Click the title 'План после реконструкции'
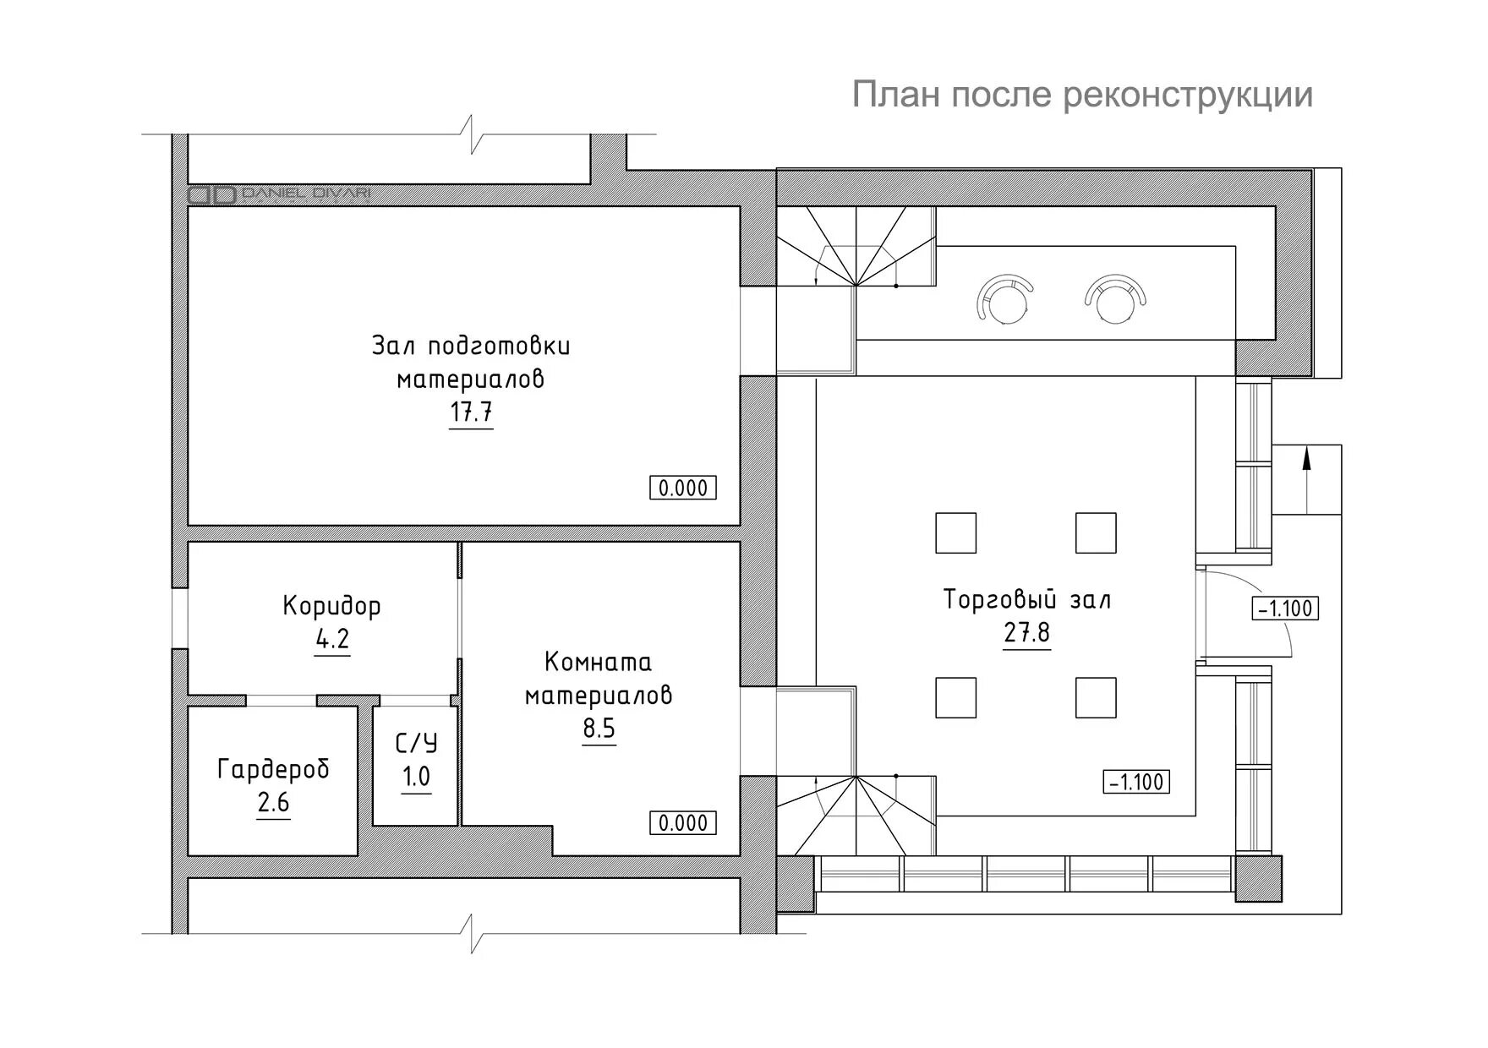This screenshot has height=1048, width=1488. point(1082,95)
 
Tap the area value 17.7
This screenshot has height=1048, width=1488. point(471,413)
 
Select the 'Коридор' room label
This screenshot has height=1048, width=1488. point(332,606)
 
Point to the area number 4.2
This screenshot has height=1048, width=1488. point(332,639)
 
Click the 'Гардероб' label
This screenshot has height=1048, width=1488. point(273,769)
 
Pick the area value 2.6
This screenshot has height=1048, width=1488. point(273,802)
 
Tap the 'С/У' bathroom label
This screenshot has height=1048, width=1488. point(417,744)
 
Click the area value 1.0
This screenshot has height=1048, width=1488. point(416,776)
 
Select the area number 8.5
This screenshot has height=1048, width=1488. point(599,728)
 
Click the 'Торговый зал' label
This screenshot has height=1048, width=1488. point(1027,600)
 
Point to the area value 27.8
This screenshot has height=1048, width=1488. point(1027,632)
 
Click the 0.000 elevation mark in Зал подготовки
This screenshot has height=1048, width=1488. point(683,488)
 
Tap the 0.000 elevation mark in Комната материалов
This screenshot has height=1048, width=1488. point(683,822)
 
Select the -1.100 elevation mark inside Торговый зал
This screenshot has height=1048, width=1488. point(1137,782)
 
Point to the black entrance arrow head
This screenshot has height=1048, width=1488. point(1306,458)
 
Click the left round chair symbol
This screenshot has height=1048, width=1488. point(1004,298)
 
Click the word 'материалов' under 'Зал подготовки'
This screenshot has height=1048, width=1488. point(471,380)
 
